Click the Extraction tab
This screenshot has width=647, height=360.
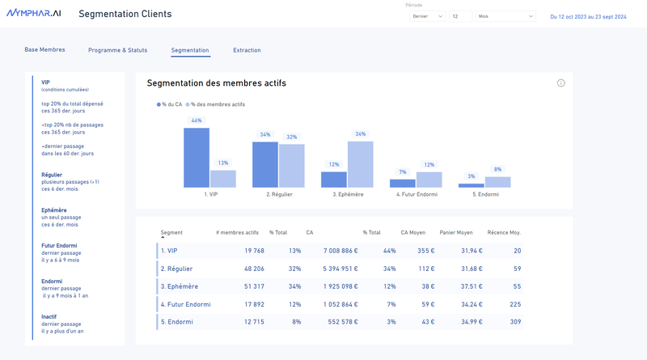(x=247, y=50)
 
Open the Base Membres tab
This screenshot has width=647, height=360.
(x=44, y=50)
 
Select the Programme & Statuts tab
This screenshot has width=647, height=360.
(x=117, y=50)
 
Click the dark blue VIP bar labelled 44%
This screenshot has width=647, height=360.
(x=197, y=158)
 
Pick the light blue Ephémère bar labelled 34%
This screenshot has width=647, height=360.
(x=361, y=164)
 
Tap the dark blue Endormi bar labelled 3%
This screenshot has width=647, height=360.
(x=472, y=185)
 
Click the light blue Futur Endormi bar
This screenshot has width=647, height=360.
(x=429, y=180)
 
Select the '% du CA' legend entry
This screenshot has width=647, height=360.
(x=170, y=104)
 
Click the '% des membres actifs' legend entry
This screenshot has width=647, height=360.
(x=216, y=104)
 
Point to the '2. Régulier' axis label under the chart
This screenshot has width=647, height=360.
(x=279, y=194)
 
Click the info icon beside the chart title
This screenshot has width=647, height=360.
(x=561, y=83)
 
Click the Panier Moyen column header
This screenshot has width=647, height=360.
(x=456, y=233)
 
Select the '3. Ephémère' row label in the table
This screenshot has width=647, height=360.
(x=179, y=286)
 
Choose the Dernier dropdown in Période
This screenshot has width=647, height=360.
(x=428, y=16)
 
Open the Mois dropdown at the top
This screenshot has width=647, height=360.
(x=505, y=16)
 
